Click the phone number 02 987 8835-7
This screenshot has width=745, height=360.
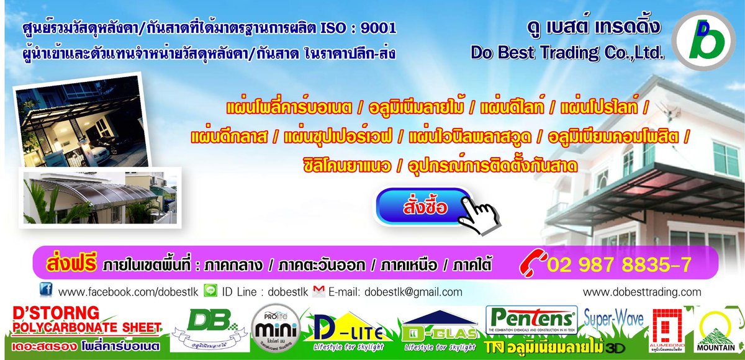pos(619,265)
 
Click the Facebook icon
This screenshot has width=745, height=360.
pos(45,290)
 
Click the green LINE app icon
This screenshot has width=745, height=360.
pos(210,290)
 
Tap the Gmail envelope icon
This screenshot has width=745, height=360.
pos(319,290)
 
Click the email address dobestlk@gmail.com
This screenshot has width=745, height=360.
pos(413,292)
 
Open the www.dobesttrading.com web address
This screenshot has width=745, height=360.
pos(643,292)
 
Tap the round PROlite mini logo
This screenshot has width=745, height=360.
pos(277,328)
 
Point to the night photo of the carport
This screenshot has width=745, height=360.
pos(76,123)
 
